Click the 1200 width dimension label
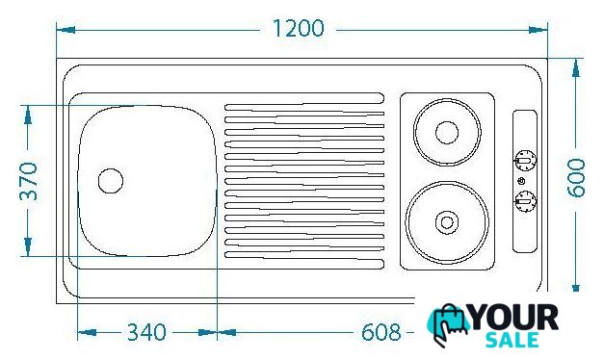point(299,29)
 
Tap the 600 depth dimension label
point(576,178)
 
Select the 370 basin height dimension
point(29,181)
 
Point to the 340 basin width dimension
point(146,332)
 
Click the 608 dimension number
point(381,332)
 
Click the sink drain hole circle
point(111,181)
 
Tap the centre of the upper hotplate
point(447,133)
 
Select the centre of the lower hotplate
point(447,222)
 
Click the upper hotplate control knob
point(525,160)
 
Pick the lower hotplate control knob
point(525,201)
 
